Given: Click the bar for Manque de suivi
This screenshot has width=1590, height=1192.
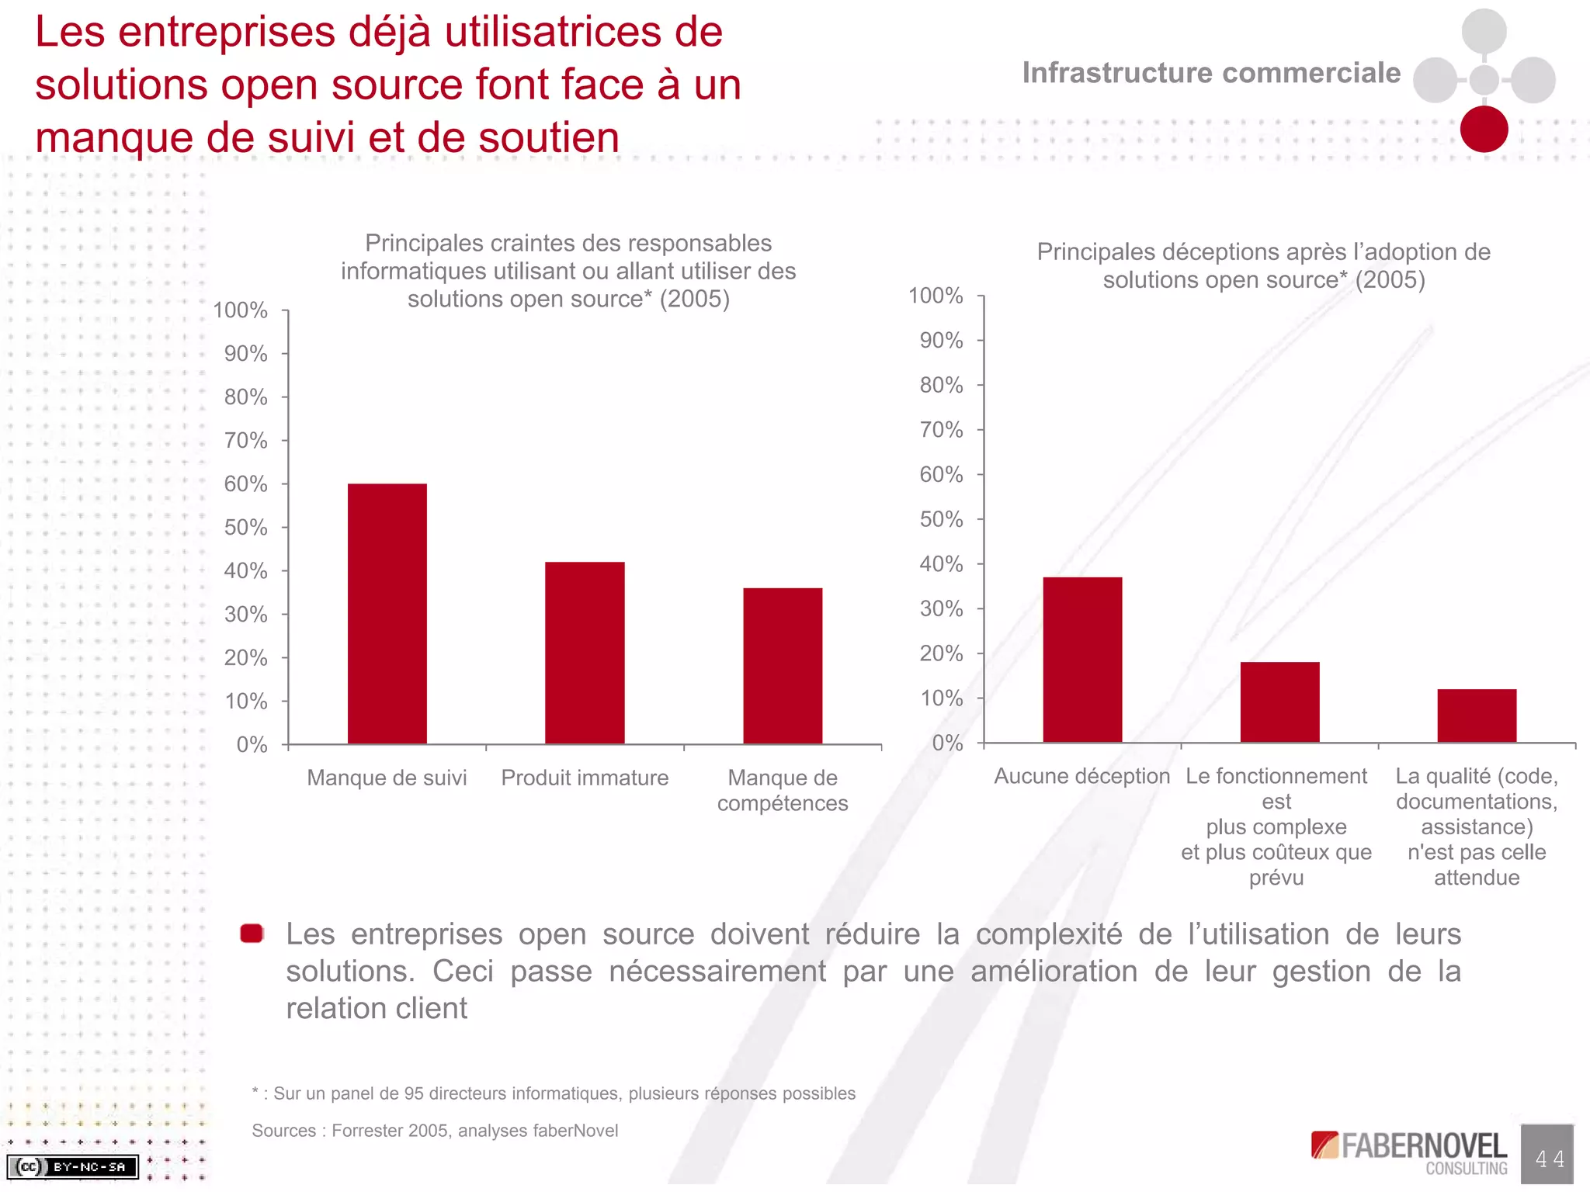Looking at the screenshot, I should coord(387,613).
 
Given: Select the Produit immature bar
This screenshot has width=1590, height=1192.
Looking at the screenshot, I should coord(585,652).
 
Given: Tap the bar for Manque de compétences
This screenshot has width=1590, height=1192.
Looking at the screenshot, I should coord(783,665).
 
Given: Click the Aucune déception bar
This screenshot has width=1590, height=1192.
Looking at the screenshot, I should coord(1082,660).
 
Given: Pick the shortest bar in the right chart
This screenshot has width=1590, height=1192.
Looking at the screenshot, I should coord(1477,715).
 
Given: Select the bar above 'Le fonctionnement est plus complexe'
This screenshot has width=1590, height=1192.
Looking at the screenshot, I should coord(1279,702).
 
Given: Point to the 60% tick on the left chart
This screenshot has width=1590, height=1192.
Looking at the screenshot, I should coord(246,484).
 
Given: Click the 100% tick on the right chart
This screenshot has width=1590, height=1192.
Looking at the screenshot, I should coord(936,296).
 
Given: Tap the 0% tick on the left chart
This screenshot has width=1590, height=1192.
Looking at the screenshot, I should coord(252,745).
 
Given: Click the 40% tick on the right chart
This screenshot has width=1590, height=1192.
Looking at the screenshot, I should coord(941,564).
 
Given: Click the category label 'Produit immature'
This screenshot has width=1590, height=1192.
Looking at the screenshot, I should coord(585,778).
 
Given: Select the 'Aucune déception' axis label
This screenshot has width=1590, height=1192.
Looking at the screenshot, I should coord(1081,776).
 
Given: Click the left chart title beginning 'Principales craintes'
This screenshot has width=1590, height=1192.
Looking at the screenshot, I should coord(568,271).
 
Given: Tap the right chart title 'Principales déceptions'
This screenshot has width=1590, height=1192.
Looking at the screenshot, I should coord(1263,265).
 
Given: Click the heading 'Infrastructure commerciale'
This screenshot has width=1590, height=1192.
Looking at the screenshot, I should coord(1211,73).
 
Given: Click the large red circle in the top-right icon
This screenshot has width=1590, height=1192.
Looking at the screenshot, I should coord(1484,130).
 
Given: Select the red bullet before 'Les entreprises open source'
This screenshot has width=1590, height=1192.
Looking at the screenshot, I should coord(252,934).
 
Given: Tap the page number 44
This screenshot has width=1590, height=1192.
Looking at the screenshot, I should coord(1547,1159).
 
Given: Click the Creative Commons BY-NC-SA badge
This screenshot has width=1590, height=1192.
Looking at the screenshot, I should coord(72,1166).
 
